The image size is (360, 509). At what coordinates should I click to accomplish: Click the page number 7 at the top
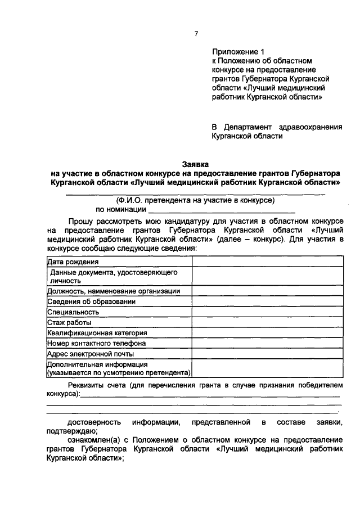tap(196, 34)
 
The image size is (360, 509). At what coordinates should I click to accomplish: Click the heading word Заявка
tap(195, 164)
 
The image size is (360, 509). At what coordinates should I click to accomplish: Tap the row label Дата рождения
tap(73, 262)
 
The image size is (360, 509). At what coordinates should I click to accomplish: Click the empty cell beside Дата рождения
tap(267, 262)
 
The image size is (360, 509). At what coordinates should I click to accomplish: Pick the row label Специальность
tap(74, 312)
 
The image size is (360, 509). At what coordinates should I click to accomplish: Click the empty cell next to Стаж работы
tap(267, 322)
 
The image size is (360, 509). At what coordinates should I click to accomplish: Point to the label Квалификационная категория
tap(97, 333)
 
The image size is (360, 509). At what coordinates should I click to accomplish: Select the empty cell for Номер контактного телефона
tap(267, 343)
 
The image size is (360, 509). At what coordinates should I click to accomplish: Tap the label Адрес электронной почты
tap(91, 354)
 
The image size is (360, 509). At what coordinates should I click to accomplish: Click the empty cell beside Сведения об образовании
tap(267, 301)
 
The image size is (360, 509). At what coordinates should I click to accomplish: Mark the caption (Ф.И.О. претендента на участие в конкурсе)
tap(195, 200)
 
